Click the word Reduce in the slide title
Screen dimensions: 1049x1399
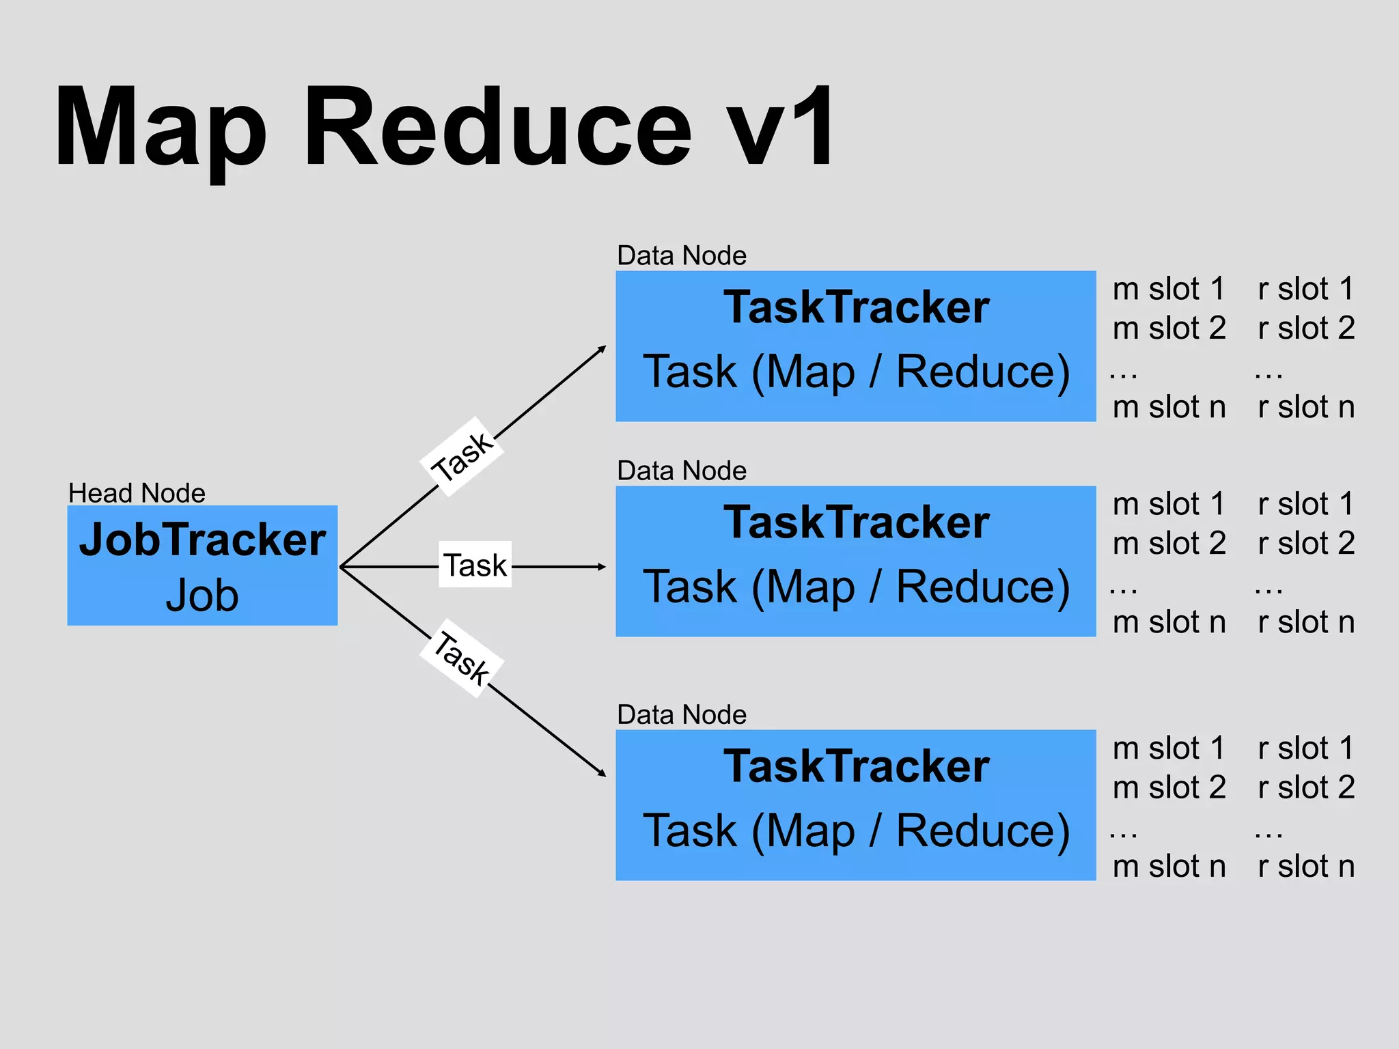click(497, 128)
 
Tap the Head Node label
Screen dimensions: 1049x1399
click(137, 493)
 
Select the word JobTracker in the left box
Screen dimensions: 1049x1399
click(202, 540)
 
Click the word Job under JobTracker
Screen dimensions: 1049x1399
click(202, 596)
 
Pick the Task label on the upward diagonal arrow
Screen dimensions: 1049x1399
click(462, 456)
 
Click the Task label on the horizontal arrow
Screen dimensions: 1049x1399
click(475, 565)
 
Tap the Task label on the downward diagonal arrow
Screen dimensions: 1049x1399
click(462, 658)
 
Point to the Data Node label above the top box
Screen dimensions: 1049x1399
click(681, 255)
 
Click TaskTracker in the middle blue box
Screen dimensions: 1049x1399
click(856, 522)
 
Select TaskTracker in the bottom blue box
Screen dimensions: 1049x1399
click(856, 766)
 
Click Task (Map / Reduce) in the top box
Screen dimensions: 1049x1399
click(856, 372)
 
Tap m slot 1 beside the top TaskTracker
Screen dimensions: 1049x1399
click(1168, 289)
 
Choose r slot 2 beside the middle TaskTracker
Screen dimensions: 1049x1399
click(1305, 544)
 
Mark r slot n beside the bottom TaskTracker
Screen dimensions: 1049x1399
click(1305, 866)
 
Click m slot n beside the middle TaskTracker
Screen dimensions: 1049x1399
click(1168, 622)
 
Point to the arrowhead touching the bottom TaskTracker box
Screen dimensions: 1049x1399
click(602, 773)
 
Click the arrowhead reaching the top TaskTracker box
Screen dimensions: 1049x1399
click(602, 349)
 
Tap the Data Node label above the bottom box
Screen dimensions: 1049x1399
click(681, 715)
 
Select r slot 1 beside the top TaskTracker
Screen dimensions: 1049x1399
click(1305, 289)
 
